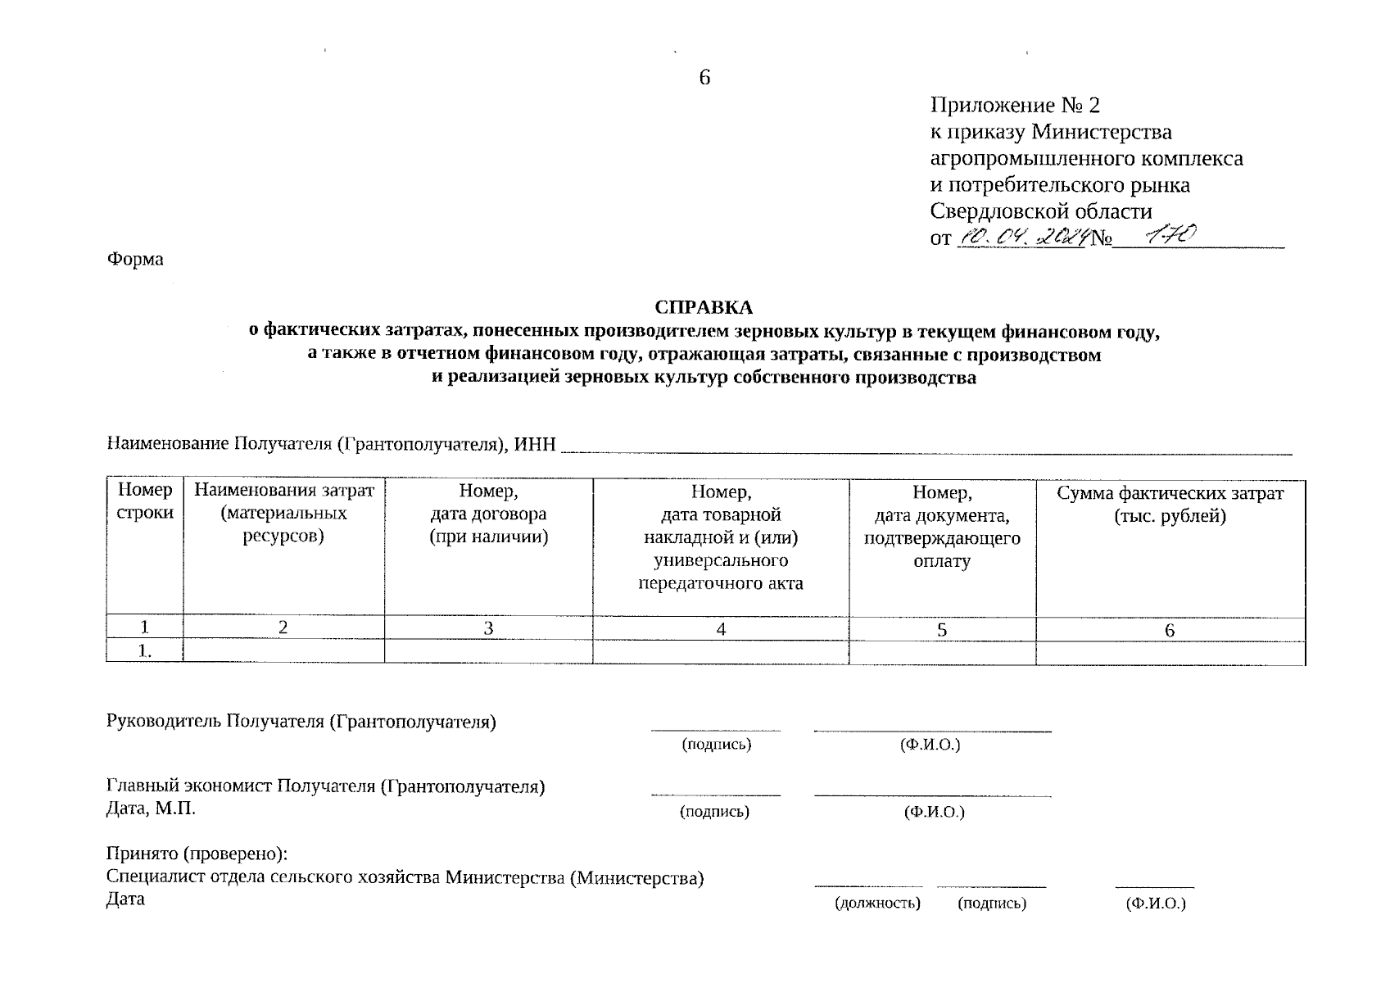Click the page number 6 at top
click(704, 78)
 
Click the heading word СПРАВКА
click(703, 307)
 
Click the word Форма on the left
click(135, 260)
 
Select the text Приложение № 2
click(1015, 106)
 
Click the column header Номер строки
click(145, 501)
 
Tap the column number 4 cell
click(721, 629)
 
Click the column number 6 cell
click(1170, 629)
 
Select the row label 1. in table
click(145, 652)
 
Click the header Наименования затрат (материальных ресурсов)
click(283, 513)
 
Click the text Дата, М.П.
click(152, 809)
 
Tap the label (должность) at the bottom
click(877, 904)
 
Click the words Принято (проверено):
click(197, 854)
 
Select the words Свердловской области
click(1040, 211)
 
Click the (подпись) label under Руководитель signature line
click(716, 745)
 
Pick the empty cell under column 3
click(488, 652)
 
